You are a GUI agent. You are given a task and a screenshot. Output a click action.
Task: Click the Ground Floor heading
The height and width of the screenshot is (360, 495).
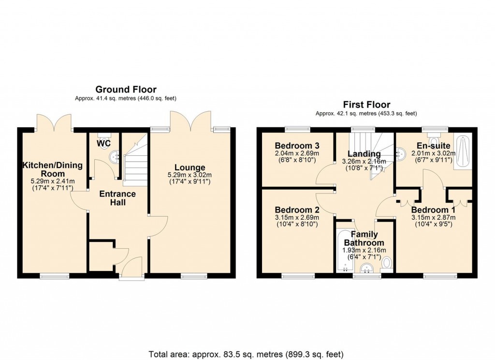[x=126, y=89]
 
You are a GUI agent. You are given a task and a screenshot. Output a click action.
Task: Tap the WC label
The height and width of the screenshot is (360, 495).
[x=103, y=144]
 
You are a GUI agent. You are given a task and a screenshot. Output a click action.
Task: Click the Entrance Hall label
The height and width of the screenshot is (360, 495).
[x=117, y=198]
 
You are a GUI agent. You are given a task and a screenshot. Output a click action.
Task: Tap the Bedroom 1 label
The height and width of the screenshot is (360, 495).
[x=433, y=210]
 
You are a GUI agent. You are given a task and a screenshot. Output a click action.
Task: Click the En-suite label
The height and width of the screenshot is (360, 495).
[x=434, y=146]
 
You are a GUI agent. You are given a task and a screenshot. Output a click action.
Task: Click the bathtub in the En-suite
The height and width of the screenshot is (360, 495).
[x=464, y=152]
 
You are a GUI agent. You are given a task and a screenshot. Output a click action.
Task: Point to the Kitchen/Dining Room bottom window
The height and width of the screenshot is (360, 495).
[x=54, y=276]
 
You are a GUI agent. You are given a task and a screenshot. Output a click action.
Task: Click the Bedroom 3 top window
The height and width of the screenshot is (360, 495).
[x=297, y=129]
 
